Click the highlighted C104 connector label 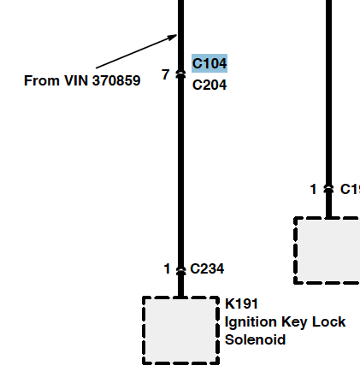point(210,63)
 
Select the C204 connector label point(210,85)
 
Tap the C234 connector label point(207,268)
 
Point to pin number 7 point(165,74)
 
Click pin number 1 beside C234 point(167,269)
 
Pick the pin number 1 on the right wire point(313,189)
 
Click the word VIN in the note point(76,80)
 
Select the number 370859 point(116,80)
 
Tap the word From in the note point(42,80)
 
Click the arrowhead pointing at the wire point(173,37)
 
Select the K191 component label point(241,303)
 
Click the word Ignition point(251,322)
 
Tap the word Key point(294,322)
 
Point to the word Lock point(329,321)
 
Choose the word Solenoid point(255,339)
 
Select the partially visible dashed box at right point(295,250)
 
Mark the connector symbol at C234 point(180,270)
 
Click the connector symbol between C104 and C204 point(180,74)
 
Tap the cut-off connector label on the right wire point(350,189)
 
